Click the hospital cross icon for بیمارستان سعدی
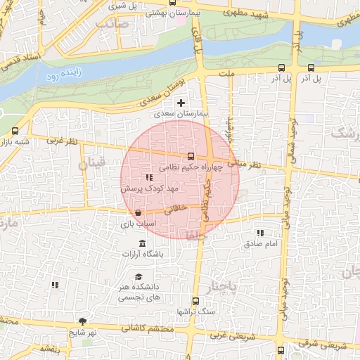point(181,103)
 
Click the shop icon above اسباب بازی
point(138,212)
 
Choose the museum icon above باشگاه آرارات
point(143,243)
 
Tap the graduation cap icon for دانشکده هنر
point(139,276)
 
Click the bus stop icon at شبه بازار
point(15,131)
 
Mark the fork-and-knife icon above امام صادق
point(260,233)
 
